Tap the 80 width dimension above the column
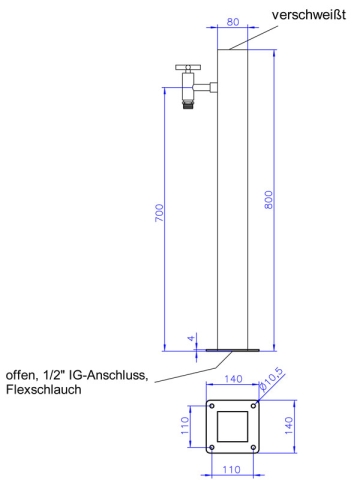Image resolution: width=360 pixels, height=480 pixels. [x=232, y=20]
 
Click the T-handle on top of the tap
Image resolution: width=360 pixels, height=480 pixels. [x=186, y=68]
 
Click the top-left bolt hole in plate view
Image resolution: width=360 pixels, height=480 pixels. [x=212, y=405]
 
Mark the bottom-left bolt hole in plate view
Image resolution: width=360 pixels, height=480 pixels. [x=212, y=448]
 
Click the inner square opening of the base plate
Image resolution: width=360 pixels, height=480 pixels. [x=232, y=427]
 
